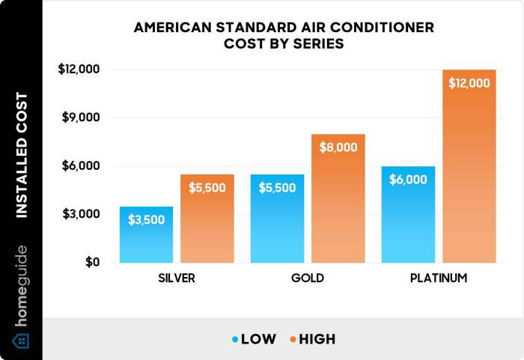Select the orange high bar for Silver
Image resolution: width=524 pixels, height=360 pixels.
point(207,219)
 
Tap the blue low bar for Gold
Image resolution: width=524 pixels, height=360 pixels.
point(277,219)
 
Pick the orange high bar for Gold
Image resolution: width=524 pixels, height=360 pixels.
point(338,198)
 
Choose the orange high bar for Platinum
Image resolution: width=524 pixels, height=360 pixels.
point(469,166)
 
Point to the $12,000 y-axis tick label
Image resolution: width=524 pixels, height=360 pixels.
point(79,70)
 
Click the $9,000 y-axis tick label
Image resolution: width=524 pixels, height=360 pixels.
point(82,118)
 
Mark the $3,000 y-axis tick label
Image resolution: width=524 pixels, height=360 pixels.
point(82,214)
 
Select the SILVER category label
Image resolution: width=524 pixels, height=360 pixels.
point(177,278)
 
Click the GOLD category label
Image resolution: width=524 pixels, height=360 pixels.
point(308,278)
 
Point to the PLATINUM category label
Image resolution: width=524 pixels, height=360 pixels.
point(439,278)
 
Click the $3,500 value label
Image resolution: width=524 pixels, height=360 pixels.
point(146,221)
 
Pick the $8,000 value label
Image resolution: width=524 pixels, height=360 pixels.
point(338,147)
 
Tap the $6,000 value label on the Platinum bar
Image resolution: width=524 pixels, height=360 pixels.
point(408,180)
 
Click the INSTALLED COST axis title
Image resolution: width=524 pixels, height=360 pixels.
point(22,155)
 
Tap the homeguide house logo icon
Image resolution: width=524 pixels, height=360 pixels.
point(22,341)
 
